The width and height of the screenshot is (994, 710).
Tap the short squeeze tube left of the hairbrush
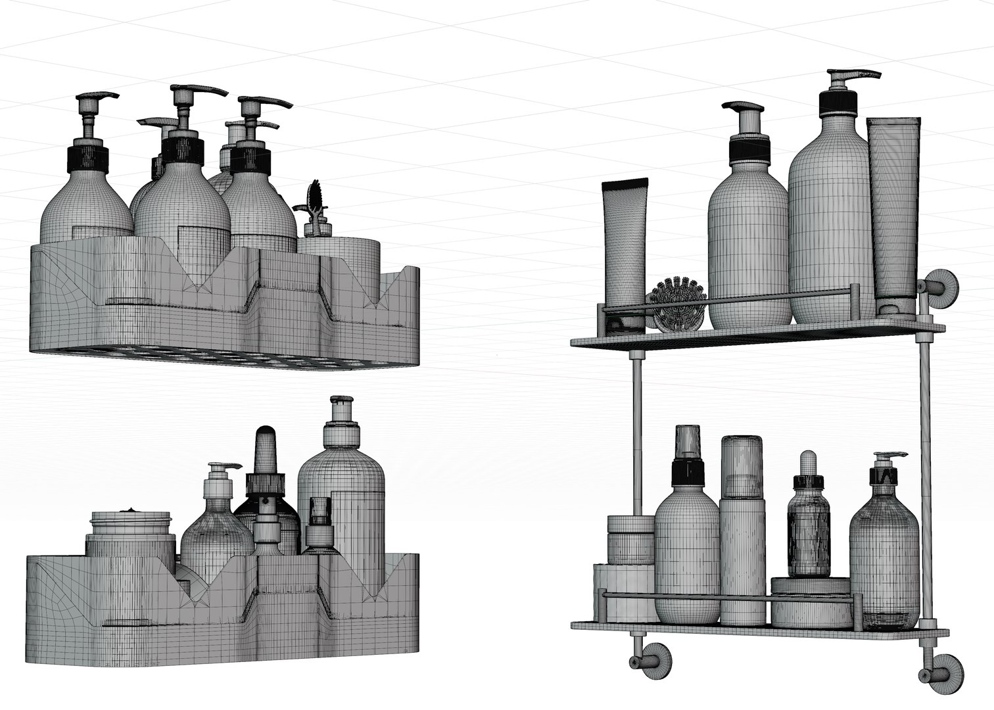click(624, 250)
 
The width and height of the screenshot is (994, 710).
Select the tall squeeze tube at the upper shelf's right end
click(894, 210)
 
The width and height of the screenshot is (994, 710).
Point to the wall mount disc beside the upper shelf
click(945, 287)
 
